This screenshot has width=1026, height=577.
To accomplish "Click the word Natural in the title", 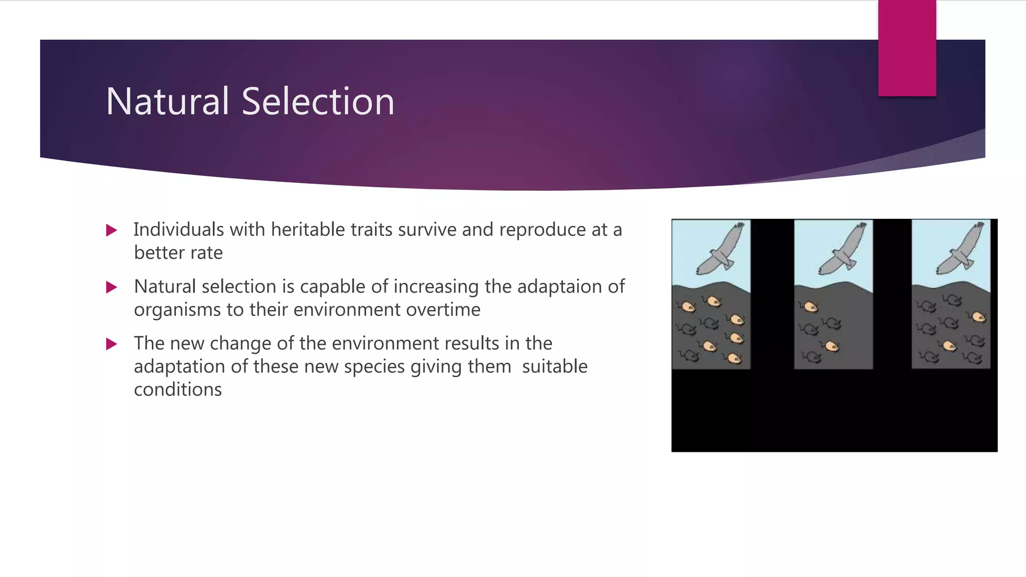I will (167, 102).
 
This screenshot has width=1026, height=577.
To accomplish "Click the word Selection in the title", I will (318, 102).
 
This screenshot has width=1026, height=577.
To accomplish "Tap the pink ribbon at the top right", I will (907, 48).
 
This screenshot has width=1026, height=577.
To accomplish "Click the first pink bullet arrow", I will (112, 230).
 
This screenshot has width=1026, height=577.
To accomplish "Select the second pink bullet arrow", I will (112, 287).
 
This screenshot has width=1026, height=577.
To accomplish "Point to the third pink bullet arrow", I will (112, 344).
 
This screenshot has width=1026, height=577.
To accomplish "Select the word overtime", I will (443, 310).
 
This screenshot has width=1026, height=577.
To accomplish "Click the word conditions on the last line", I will (178, 389).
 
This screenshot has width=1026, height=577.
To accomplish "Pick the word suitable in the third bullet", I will (555, 366).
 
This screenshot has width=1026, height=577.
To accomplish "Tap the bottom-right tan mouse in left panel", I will (734, 358).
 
